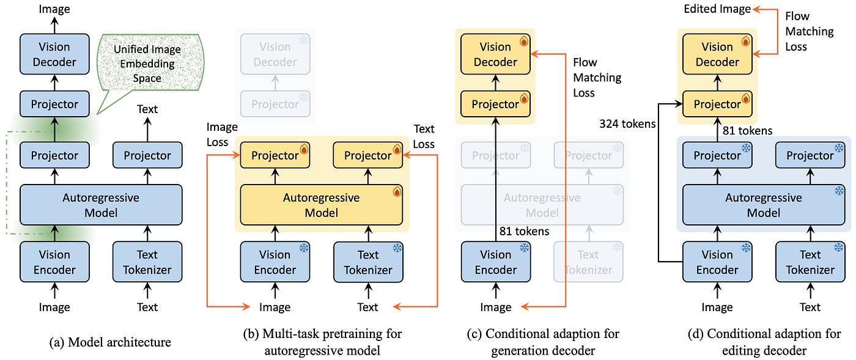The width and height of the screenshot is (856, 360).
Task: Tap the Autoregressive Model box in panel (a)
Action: (101, 205)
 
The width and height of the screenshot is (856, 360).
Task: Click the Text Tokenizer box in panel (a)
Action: (147, 262)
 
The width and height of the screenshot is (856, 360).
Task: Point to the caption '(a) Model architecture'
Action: (110, 342)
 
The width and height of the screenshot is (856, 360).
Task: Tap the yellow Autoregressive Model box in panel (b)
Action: (321, 205)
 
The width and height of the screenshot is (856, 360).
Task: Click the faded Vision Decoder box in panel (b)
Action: (275, 54)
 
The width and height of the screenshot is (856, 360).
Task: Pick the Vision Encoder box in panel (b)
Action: (275, 262)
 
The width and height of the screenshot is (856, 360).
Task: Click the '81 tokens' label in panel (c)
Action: (525, 231)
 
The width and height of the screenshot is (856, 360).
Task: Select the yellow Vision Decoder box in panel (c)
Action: (495, 54)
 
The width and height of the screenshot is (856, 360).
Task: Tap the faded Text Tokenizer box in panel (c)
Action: (588, 262)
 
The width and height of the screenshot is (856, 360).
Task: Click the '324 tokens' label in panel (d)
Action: (628, 124)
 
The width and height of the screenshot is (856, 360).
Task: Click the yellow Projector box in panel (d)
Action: (717, 105)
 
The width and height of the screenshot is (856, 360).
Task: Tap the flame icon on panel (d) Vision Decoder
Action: (745, 42)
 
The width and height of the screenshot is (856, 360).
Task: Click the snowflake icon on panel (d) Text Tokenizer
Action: (838, 248)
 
